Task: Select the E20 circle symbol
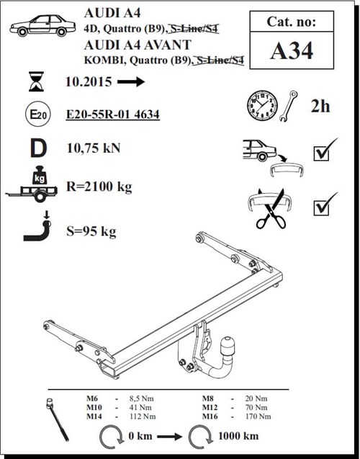point(35,115)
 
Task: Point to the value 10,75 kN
point(93,148)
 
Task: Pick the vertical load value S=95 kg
point(90,231)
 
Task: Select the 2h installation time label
point(320,106)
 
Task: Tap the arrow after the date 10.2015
point(130,82)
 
